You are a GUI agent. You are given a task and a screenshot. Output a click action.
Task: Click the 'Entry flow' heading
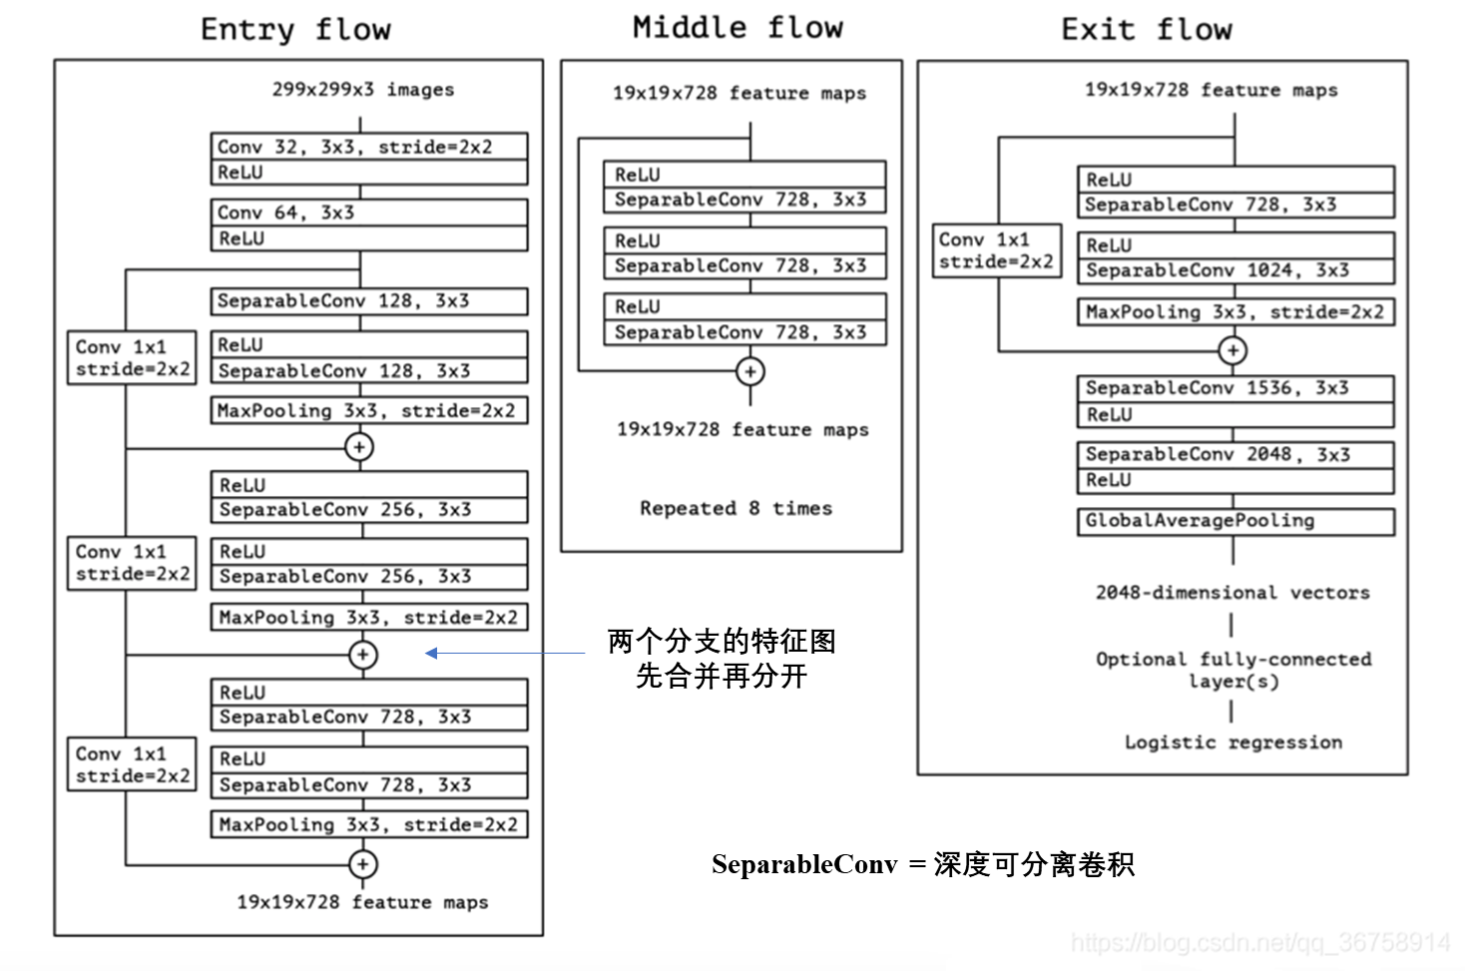[295, 29]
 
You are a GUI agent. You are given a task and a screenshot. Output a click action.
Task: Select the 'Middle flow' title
[737, 27]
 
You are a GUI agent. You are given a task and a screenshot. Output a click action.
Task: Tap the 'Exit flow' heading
[1147, 29]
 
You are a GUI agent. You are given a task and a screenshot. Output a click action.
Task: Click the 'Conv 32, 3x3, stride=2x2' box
[368, 147]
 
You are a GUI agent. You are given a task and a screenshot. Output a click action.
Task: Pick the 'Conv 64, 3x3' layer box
[368, 213]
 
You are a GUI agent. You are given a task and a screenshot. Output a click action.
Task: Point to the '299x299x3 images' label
[362, 90]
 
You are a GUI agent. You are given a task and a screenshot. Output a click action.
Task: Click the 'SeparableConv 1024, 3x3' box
[1234, 270]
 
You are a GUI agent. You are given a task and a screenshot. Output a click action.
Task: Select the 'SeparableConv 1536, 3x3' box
[1234, 388]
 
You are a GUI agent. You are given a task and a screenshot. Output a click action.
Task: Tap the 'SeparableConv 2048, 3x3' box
[1234, 455]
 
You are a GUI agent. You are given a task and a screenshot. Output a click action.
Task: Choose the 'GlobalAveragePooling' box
[1234, 521]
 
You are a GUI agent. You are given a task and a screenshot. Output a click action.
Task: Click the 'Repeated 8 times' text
[735, 508]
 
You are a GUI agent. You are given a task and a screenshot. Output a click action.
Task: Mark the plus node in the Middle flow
[750, 371]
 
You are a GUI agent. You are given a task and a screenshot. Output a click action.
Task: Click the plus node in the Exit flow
[1233, 350]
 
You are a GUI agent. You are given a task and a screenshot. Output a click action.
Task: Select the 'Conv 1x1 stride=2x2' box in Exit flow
[996, 250]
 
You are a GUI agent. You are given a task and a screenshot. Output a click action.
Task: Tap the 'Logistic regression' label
[1232, 742]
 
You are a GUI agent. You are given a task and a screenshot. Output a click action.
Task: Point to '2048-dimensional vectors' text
[1232, 593]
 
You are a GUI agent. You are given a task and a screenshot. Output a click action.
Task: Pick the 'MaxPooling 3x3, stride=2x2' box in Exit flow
[1234, 312]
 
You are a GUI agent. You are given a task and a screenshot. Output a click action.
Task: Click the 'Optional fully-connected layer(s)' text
[1232, 670]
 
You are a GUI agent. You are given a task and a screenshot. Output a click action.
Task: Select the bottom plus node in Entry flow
[362, 864]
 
